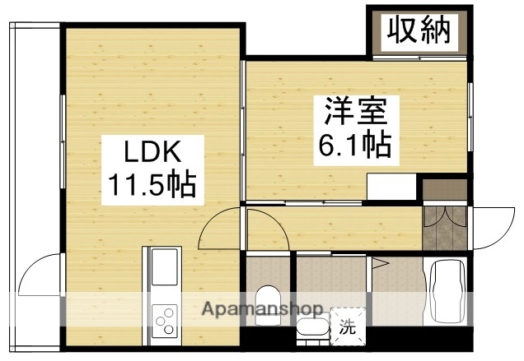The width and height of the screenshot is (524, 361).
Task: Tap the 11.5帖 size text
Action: coord(149,186)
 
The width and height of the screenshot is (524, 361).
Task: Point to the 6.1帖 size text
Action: coord(354,146)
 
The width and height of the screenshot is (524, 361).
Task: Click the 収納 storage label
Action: coord(419,31)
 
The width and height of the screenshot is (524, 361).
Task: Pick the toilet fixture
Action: coord(268,299)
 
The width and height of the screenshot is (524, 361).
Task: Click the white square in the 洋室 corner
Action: coord(391,188)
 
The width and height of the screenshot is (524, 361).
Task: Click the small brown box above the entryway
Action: coord(443,188)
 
